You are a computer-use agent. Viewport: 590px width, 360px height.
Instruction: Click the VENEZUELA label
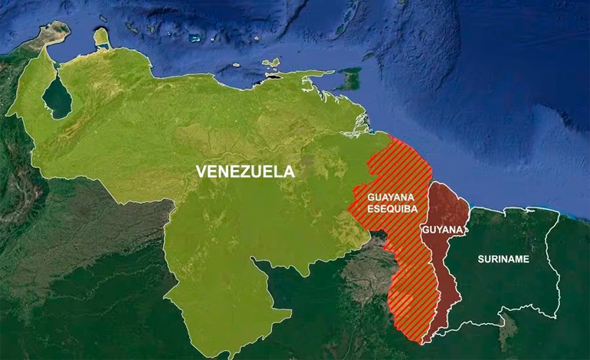(x=245, y=172)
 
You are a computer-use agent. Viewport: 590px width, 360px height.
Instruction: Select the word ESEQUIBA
(x=379, y=207)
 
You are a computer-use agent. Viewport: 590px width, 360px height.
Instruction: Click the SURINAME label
(x=503, y=260)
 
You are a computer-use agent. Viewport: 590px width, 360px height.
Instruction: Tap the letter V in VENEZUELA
(x=202, y=172)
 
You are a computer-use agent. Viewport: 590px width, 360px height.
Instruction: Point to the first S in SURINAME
(x=480, y=260)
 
